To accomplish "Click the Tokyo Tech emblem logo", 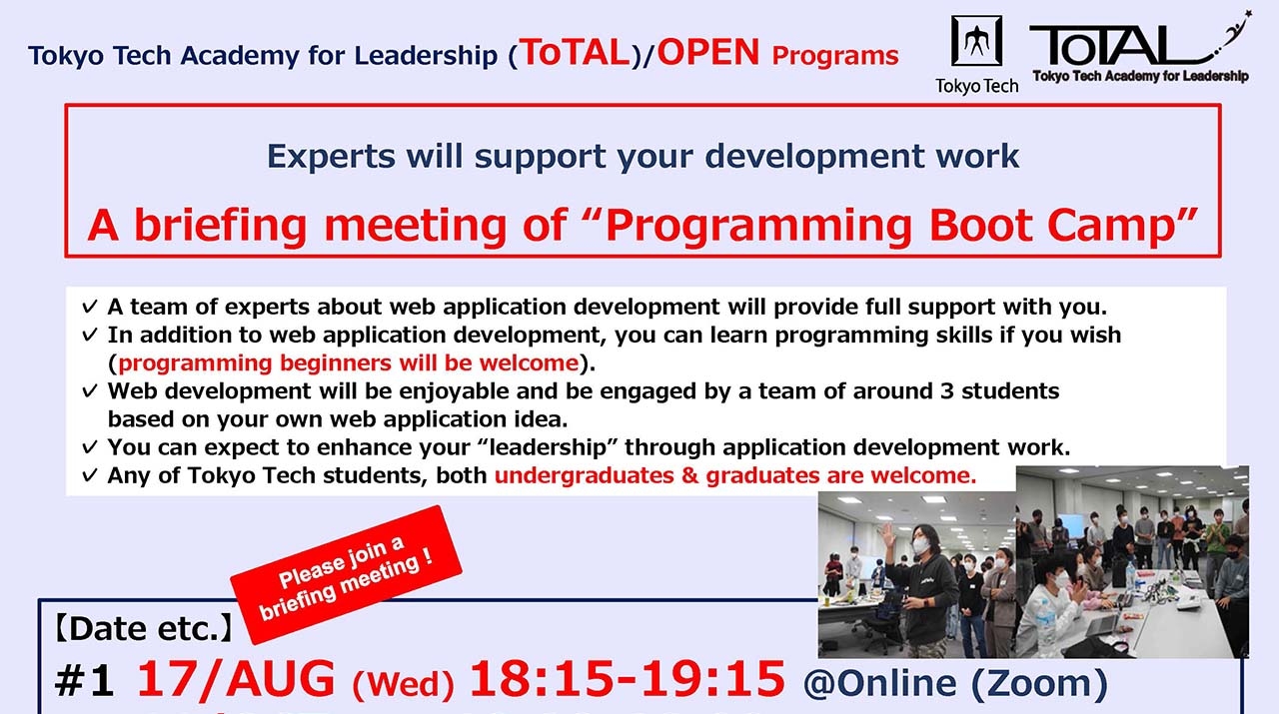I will click(x=975, y=43).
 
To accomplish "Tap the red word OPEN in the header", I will click(x=708, y=52).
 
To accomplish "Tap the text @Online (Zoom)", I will click(x=955, y=683).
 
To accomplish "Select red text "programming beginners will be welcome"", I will click(x=348, y=362).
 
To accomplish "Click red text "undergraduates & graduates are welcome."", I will click(x=735, y=475).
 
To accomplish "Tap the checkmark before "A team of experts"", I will click(x=90, y=307).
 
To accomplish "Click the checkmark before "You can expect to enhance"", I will click(x=90, y=446).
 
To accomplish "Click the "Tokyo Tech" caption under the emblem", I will click(x=976, y=86).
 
